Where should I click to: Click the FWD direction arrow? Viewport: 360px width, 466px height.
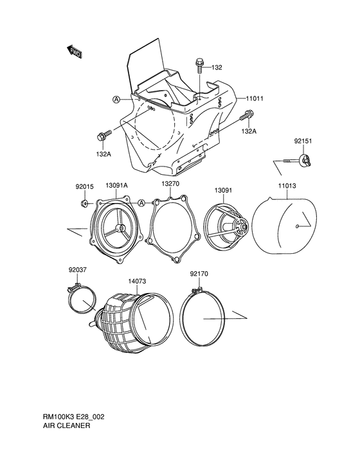pos(74,51)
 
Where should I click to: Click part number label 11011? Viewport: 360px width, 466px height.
pos(255,98)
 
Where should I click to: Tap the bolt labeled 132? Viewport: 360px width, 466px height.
pos(199,66)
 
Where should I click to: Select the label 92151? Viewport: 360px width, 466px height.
pos(303,141)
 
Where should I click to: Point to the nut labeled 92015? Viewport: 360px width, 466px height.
pos(84,203)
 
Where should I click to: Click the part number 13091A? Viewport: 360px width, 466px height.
pos(116,185)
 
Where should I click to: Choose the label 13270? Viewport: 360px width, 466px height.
pos(170,184)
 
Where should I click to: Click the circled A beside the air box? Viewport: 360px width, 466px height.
pos(116,100)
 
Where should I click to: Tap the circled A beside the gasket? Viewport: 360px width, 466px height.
pos(141,203)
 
